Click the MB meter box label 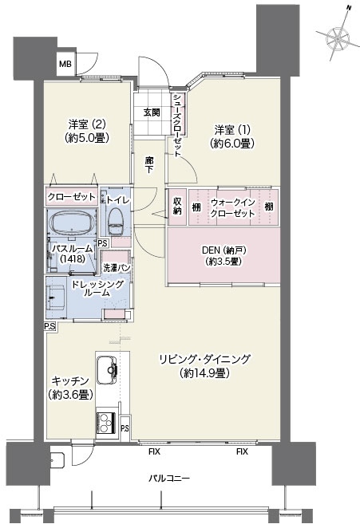click(65, 64)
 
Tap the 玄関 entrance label click(152, 112)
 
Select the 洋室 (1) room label click(232, 136)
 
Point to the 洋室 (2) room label click(87, 131)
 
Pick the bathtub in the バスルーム click(73, 223)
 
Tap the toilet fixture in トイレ click(116, 222)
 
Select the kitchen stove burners click(106, 423)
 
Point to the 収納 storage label click(177, 207)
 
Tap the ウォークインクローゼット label click(232, 207)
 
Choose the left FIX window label click(154, 451)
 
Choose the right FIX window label click(242, 451)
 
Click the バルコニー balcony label click(169, 479)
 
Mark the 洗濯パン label click(116, 267)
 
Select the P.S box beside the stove click(125, 428)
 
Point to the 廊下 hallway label click(149, 165)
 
